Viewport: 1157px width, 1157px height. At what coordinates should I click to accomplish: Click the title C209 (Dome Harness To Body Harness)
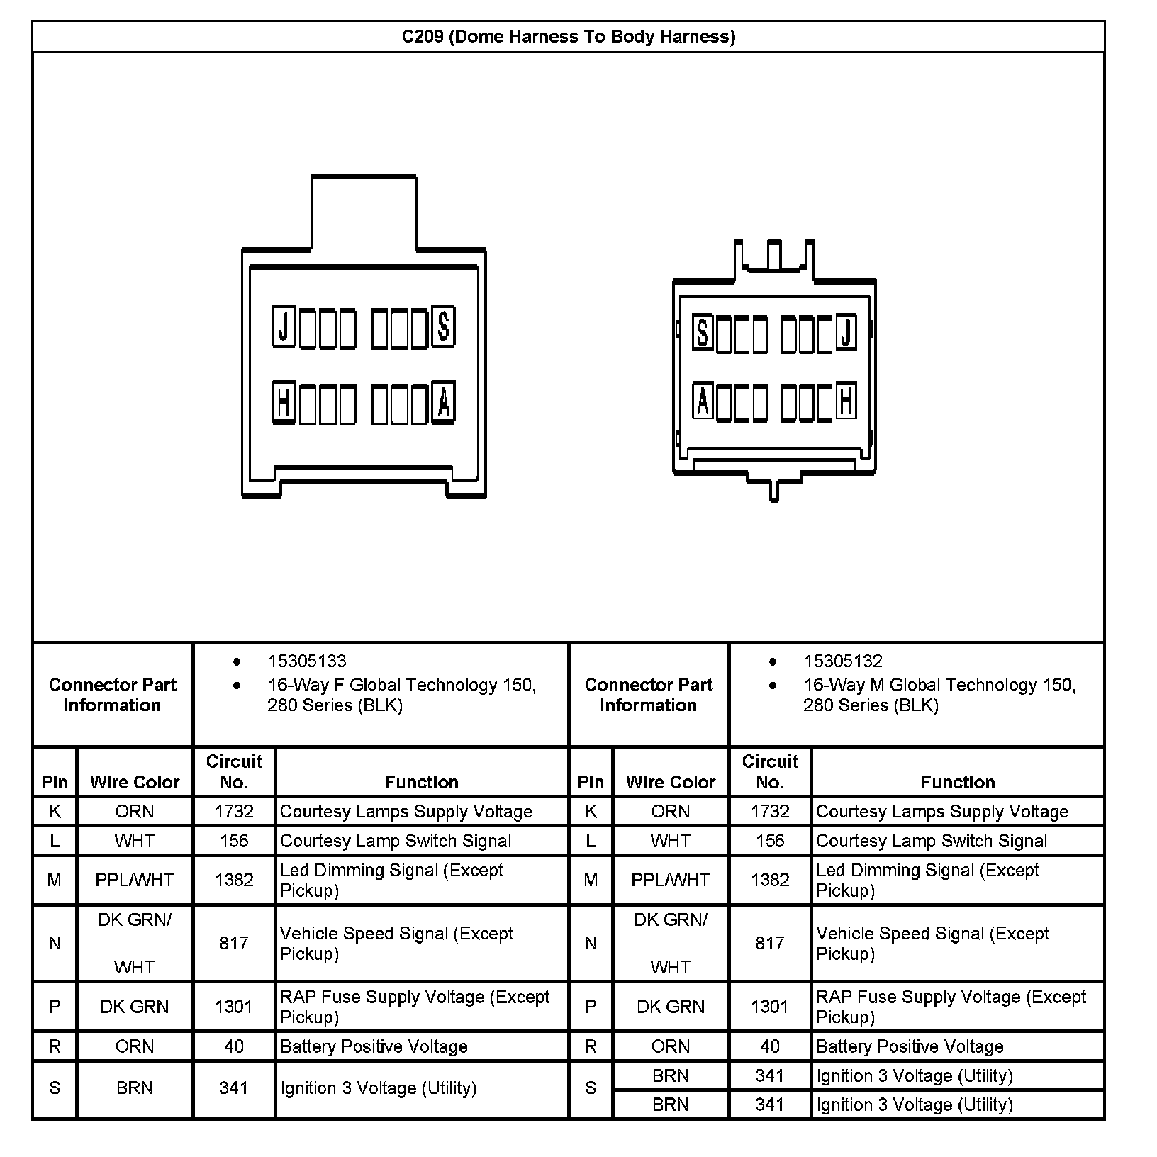(568, 37)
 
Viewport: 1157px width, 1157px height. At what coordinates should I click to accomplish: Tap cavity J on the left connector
(284, 327)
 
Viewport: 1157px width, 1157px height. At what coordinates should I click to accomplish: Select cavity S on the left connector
(443, 327)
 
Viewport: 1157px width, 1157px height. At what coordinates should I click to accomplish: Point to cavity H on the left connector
(284, 403)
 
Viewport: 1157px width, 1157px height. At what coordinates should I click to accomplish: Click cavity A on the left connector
(443, 403)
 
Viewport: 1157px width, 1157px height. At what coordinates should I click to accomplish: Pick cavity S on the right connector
(703, 332)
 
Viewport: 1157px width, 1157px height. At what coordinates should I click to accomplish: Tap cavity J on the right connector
(846, 332)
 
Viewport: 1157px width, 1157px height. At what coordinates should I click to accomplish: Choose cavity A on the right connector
(703, 401)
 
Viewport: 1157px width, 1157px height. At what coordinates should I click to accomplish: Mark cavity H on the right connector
(846, 401)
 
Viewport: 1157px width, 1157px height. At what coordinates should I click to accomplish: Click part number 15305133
(307, 661)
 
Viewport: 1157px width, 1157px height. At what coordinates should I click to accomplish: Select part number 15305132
(843, 661)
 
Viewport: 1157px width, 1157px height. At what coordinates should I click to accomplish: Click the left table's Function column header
(421, 782)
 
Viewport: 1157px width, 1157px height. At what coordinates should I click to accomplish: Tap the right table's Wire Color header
(671, 782)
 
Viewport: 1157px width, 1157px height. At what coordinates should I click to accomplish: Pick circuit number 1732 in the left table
(234, 812)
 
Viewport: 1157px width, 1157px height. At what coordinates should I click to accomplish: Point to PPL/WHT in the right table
(671, 880)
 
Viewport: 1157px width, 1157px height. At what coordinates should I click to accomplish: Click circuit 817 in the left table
(234, 943)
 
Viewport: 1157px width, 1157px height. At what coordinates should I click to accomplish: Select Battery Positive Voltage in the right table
(910, 1046)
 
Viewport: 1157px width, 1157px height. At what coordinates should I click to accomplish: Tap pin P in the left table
(55, 1007)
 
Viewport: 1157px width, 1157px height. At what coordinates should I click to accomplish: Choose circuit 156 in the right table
(770, 841)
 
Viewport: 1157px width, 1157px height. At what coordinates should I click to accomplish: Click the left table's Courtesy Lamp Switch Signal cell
(396, 841)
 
